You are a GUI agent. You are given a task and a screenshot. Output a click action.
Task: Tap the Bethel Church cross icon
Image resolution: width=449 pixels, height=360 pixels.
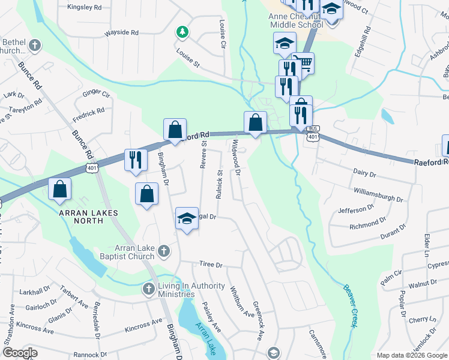click(x=35, y=45)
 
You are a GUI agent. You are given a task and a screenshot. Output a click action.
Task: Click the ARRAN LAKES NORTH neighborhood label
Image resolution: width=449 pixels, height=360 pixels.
click(x=89, y=217)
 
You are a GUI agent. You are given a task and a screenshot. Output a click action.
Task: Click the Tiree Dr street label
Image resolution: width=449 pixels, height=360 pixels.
click(x=211, y=265)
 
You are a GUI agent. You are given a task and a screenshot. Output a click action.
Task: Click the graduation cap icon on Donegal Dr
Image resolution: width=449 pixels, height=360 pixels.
click(x=187, y=219)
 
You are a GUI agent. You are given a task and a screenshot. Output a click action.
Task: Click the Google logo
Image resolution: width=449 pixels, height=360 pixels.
click(x=20, y=353)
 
